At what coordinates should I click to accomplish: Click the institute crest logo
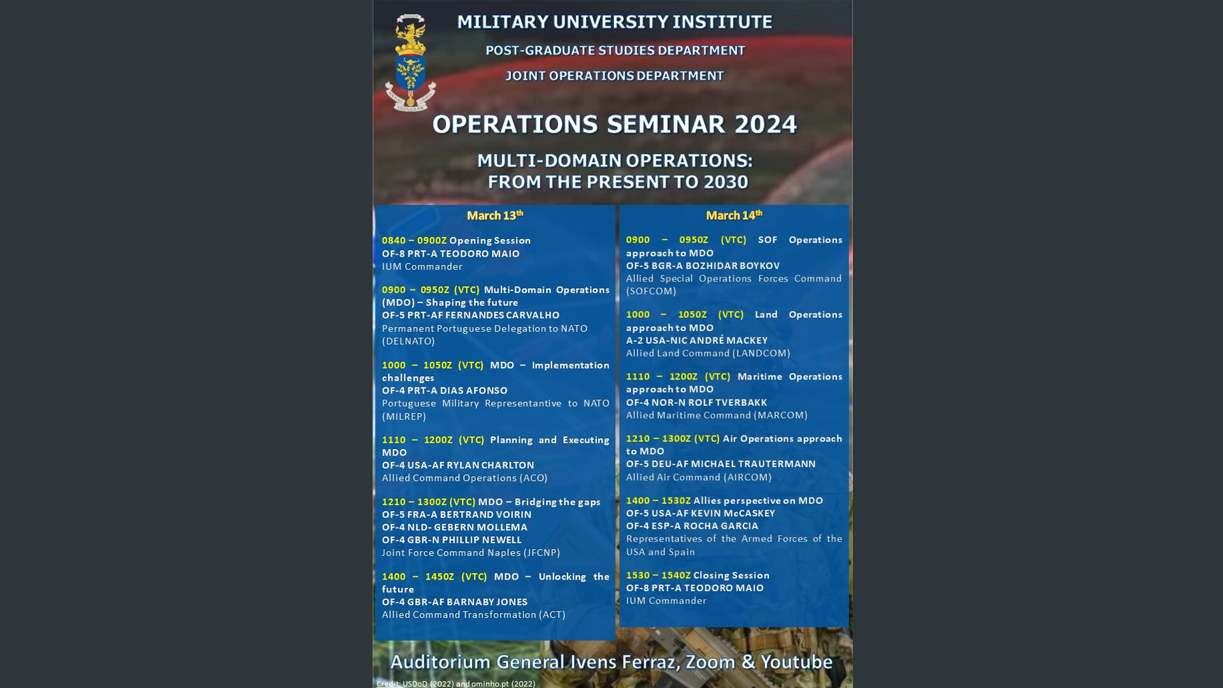pos(410,62)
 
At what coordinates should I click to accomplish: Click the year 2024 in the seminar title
pos(765,124)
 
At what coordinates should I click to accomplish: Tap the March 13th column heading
pos(495,215)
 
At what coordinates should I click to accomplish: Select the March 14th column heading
pos(734,215)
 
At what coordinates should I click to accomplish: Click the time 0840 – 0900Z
pos(414,241)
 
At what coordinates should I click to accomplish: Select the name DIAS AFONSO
pos(473,391)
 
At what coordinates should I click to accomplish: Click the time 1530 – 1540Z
pos(658,575)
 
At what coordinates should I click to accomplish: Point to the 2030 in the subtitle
pos(726,182)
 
